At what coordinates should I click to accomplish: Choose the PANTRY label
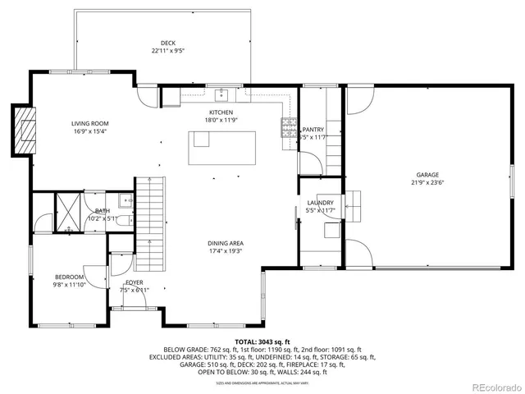point(313,130)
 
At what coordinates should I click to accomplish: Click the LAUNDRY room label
point(320,203)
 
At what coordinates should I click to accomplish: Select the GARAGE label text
point(427,175)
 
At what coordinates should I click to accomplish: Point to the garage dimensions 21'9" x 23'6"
point(427,183)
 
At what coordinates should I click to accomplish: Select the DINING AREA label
point(225,243)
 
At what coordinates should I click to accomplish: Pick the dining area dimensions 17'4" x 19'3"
point(225,251)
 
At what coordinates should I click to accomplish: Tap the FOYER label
point(135,282)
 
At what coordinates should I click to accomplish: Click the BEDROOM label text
point(69,277)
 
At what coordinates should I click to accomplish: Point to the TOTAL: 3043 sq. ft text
point(262,341)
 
